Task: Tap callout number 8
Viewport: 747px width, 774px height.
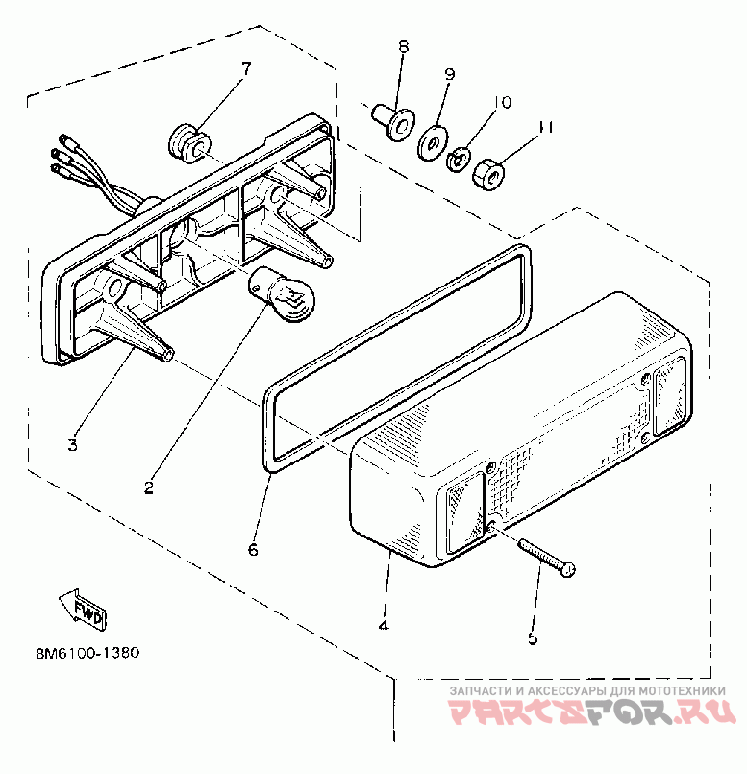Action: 403,46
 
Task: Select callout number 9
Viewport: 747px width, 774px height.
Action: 449,74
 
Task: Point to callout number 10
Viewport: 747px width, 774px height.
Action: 502,102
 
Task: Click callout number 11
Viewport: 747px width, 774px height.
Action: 546,126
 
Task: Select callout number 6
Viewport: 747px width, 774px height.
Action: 253,550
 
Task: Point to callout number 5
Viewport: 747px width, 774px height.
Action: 532,637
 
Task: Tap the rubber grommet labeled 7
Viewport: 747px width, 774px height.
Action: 187,141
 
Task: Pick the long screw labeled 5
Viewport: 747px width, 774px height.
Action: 546,557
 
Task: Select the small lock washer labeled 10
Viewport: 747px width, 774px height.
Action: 460,155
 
